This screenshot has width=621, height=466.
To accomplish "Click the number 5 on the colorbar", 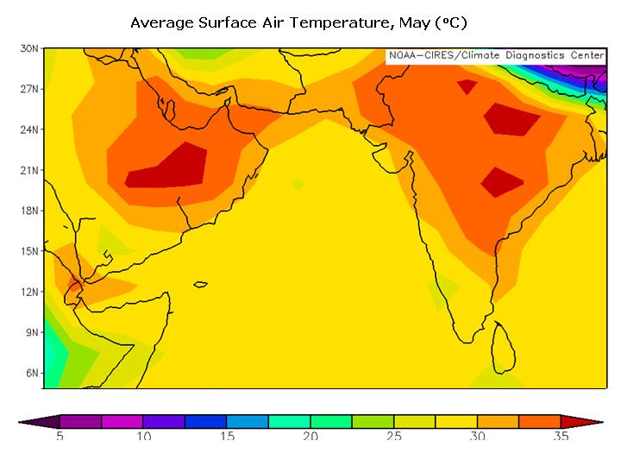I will click(60, 437).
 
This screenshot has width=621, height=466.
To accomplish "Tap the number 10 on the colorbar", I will click(143, 437).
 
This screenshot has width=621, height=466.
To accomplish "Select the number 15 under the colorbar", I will click(227, 437).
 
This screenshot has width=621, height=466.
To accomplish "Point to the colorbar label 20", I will click(310, 437).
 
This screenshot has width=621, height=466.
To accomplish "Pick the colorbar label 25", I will click(394, 437).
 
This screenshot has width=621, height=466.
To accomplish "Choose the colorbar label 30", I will click(478, 437).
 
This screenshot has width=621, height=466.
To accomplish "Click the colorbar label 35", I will click(561, 437).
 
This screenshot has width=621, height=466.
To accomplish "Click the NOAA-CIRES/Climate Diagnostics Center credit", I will click(496, 55).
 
